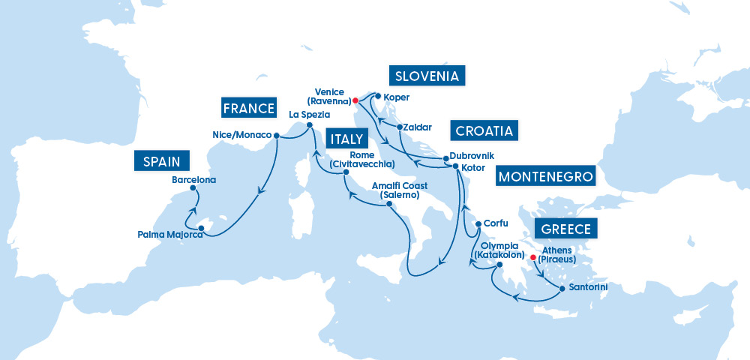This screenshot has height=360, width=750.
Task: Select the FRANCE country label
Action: pyautogui.click(x=249, y=108)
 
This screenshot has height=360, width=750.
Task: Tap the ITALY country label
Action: pyautogui.click(x=346, y=139)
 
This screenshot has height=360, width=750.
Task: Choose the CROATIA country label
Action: pyautogui.click(x=484, y=130)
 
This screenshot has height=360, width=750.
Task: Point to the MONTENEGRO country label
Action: pyautogui.click(x=545, y=177)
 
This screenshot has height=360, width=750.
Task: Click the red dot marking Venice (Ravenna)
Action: pyautogui.click(x=355, y=100)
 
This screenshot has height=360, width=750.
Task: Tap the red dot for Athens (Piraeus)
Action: pyautogui.click(x=533, y=257)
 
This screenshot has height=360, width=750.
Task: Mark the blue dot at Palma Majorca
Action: pyautogui.click(x=200, y=227)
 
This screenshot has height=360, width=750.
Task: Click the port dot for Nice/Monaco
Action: pyautogui.click(x=276, y=136)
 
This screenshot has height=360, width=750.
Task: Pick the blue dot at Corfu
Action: pyautogui.click(x=478, y=223)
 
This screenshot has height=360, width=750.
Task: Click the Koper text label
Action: pyautogui.click(x=396, y=97)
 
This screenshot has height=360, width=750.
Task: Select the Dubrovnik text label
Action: pyautogui.click(x=473, y=156)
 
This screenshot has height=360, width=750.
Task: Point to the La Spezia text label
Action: pyautogui.click(x=309, y=114)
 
